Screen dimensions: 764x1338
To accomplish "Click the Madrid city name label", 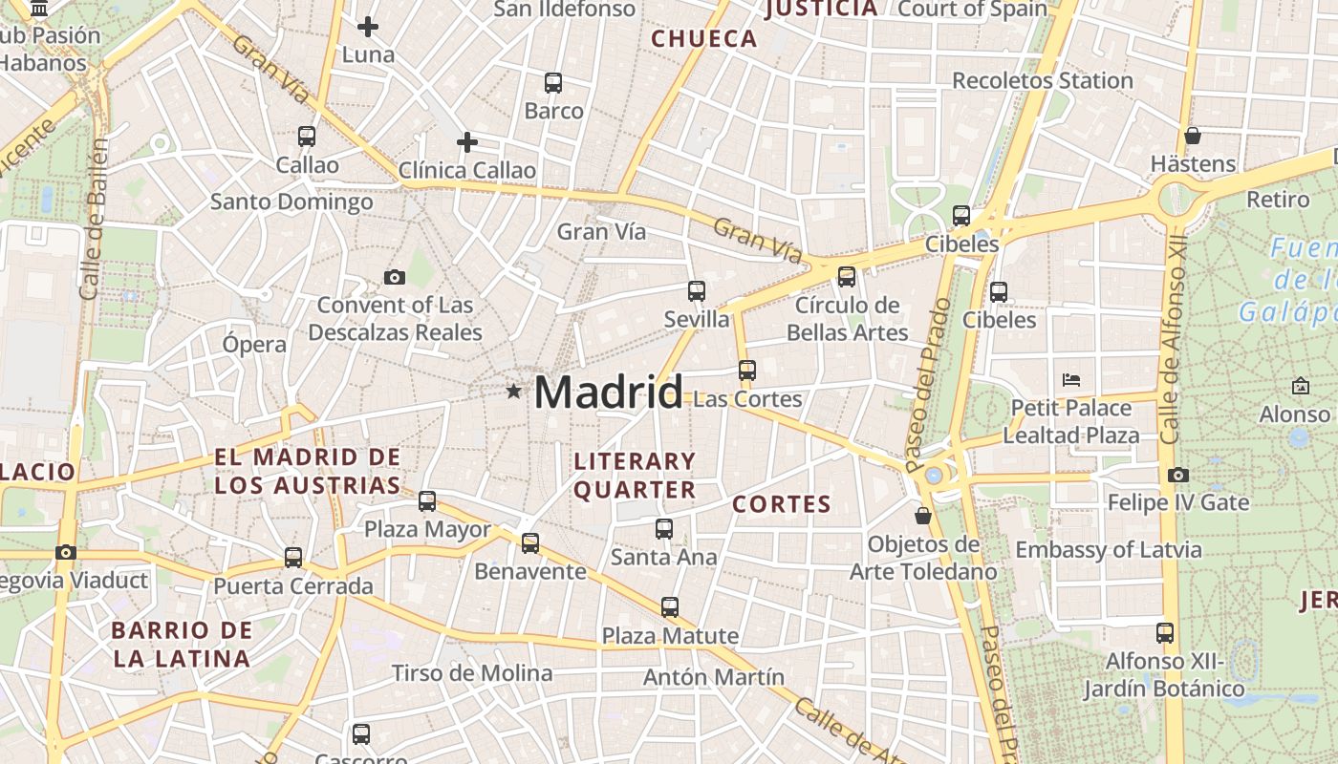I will click(x=608, y=393).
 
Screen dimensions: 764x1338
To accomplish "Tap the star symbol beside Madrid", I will click(x=514, y=391).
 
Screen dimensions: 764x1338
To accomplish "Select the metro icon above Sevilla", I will click(x=697, y=291).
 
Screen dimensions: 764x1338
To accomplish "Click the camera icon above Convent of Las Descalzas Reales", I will click(x=394, y=277).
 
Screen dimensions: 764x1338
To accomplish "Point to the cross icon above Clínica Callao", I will click(x=466, y=142).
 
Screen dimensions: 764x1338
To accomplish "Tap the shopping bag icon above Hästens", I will click(x=1192, y=136).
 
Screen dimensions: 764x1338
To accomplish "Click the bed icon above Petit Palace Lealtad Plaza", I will click(x=1071, y=380).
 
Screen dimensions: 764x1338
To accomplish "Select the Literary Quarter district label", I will click(x=635, y=476).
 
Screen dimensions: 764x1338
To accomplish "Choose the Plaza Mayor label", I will click(x=427, y=529).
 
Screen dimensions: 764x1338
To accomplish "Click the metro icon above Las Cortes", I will click(x=746, y=370).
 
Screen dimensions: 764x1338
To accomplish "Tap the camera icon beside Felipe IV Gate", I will click(x=1178, y=475).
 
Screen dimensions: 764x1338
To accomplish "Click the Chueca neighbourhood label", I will click(x=704, y=39).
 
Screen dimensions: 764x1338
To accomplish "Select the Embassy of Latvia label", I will click(x=1108, y=550).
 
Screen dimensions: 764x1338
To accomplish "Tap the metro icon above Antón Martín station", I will click(x=670, y=606).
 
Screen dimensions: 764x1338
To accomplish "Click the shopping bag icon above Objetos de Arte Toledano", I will click(x=923, y=516).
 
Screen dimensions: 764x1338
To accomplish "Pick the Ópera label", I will click(x=254, y=345).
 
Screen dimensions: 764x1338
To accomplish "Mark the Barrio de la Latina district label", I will click(x=182, y=645).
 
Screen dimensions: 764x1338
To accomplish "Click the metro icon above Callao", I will click(x=307, y=137).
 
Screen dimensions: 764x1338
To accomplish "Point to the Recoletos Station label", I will click(x=1042, y=80).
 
